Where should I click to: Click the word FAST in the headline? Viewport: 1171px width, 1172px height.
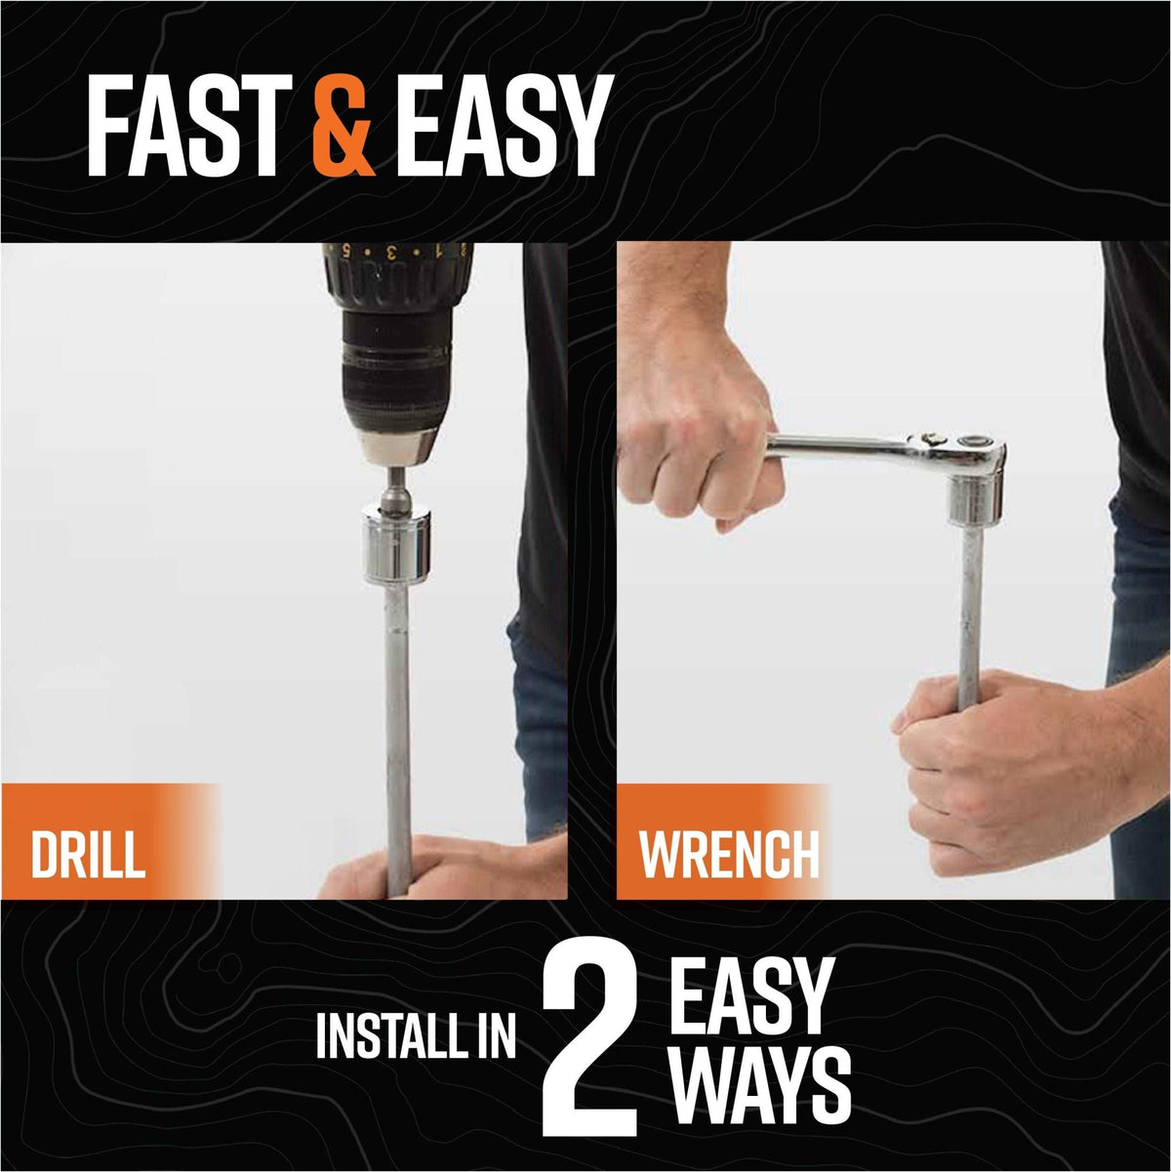[189, 126]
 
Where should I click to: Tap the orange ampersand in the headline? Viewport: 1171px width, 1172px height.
[343, 126]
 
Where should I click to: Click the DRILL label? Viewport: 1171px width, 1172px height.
[88, 855]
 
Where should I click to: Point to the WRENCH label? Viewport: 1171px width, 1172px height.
[729, 855]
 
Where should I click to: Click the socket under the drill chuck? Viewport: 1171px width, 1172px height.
[397, 546]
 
